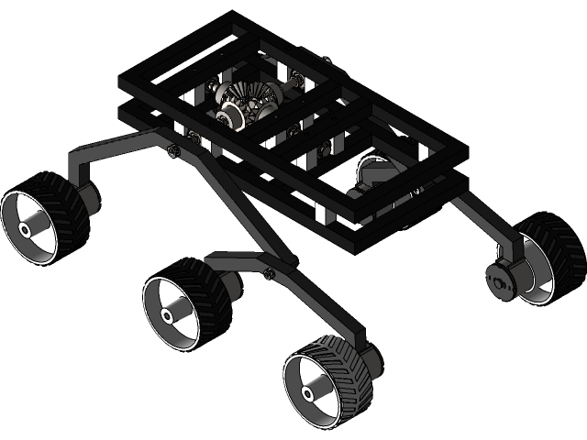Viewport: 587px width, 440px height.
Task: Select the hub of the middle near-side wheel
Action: (170, 314)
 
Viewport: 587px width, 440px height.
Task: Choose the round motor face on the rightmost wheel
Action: (500, 280)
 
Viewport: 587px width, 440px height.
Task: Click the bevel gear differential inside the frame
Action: (248, 99)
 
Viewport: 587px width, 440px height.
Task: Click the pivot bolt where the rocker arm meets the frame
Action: (174, 149)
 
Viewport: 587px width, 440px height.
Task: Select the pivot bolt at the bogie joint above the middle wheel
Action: (268, 272)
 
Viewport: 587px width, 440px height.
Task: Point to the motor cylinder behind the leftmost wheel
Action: (89, 196)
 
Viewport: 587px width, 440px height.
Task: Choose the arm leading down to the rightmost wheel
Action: (482, 220)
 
